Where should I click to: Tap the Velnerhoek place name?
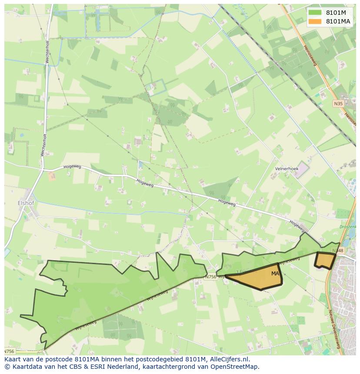click(286, 169)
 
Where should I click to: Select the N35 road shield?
click(338, 103)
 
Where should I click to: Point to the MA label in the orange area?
click(275, 274)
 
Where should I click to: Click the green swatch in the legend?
click(315, 13)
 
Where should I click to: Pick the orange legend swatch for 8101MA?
click(315, 21)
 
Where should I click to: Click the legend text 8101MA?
click(338, 21)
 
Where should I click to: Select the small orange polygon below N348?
click(324, 260)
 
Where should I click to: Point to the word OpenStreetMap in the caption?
click(235, 367)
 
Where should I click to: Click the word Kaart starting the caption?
click(13, 359)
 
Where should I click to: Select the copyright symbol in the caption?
click(7, 367)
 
